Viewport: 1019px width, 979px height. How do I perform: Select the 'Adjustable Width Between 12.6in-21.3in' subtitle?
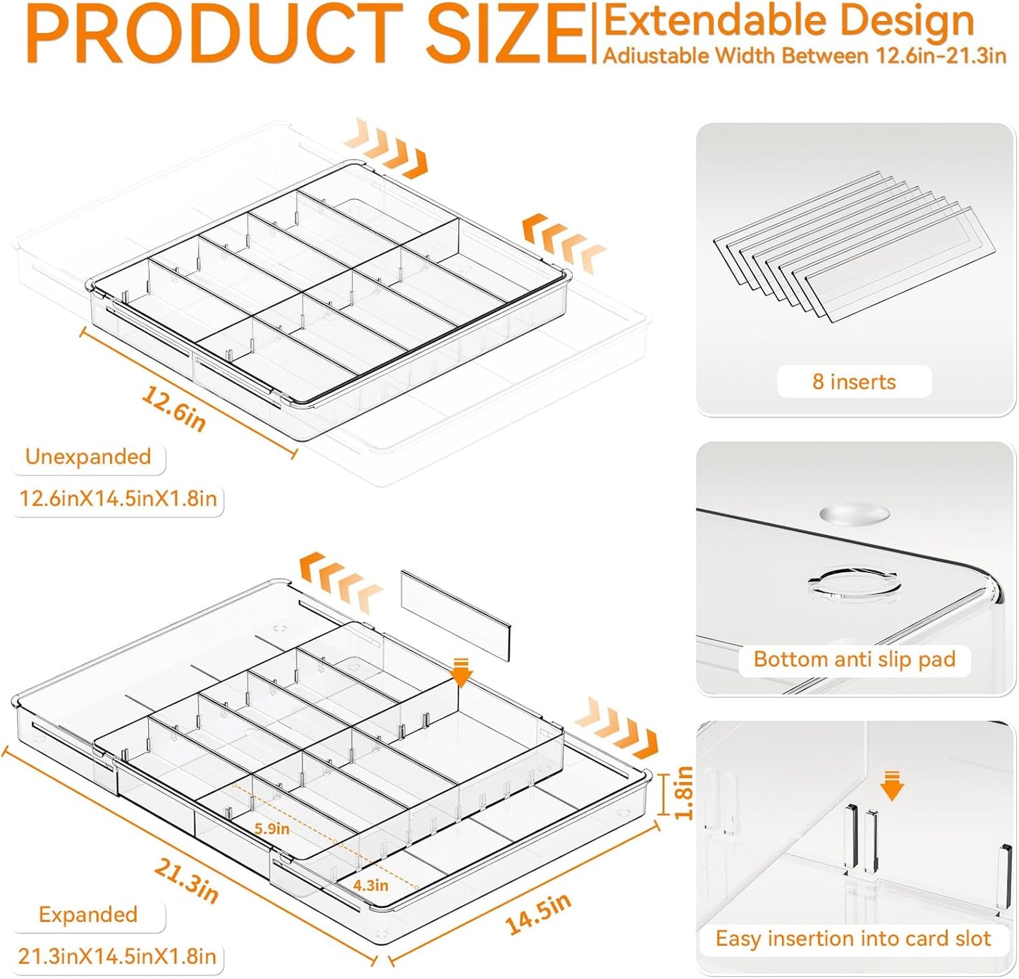point(804,56)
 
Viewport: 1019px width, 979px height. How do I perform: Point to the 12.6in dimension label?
point(174,408)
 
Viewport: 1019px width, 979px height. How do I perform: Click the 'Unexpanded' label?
point(88,457)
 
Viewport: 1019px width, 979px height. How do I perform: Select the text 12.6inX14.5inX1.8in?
point(118,499)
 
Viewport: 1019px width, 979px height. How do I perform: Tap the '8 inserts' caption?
point(853,381)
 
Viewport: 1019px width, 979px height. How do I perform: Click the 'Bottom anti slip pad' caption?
point(854,659)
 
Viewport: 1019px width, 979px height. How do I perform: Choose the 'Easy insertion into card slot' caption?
point(853,939)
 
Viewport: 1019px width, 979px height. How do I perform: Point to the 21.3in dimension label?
point(186,881)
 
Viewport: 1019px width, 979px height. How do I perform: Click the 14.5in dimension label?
point(537,914)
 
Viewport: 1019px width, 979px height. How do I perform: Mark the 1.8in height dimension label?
point(683,793)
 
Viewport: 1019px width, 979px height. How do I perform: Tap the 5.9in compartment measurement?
point(271,828)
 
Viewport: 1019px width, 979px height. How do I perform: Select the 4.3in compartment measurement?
point(370,885)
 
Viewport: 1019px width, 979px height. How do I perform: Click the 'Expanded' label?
point(88,914)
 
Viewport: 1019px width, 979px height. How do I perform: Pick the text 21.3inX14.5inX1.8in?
point(117,956)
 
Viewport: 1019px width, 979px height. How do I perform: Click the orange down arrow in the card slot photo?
point(892,785)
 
